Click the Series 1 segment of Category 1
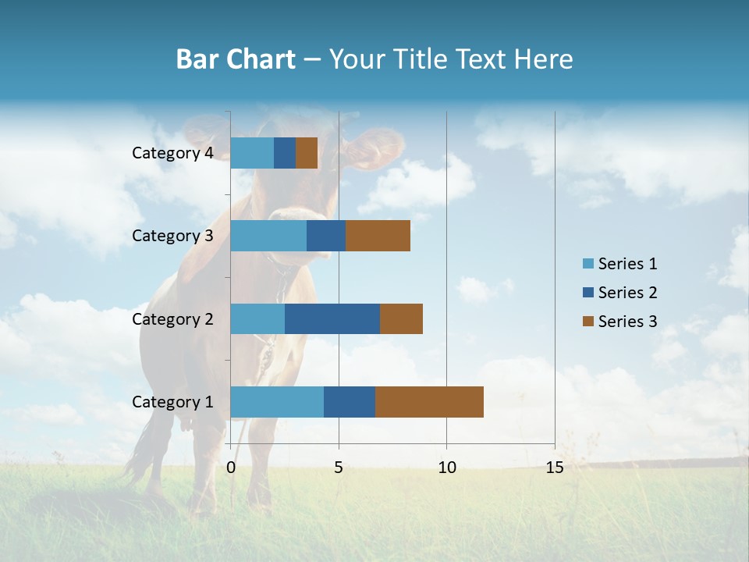[277, 402]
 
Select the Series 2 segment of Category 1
[350, 402]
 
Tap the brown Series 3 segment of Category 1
[429, 402]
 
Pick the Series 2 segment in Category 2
[332, 318]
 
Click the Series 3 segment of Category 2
[401, 318]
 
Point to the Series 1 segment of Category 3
[268, 236]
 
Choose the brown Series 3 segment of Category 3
[378, 236]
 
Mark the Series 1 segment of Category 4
[252, 153]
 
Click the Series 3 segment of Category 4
[307, 153]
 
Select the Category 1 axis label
[172, 402]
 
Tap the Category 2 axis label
[172, 318]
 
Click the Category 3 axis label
[172, 236]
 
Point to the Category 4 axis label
[172, 153]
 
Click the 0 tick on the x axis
[231, 468]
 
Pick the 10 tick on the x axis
[446, 468]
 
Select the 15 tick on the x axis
[554, 468]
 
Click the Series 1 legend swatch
[587, 264]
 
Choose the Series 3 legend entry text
[627, 322]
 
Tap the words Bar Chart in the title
[236, 59]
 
